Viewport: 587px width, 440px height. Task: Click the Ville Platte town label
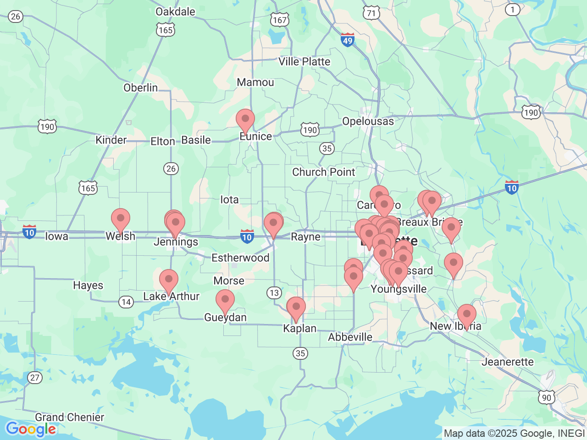tap(304, 61)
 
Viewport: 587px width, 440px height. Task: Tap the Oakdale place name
tap(175, 11)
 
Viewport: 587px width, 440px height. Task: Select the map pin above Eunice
tap(245, 120)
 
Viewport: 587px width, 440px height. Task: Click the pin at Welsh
tap(121, 220)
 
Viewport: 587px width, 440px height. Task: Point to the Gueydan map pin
tap(225, 301)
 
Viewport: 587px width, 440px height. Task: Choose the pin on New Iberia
tap(467, 315)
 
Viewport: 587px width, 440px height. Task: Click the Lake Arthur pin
tap(169, 280)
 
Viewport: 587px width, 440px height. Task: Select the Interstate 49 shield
tap(348, 40)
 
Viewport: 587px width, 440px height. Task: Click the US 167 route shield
tap(279, 20)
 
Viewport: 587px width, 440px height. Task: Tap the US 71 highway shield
tap(371, 13)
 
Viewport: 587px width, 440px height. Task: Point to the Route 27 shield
tap(35, 378)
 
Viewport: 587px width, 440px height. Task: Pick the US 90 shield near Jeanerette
tap(547, 397)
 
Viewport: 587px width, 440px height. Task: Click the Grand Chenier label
tap(70, 417)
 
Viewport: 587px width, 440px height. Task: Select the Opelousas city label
tap(368, 121)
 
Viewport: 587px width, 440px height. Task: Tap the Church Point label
tap(323, 172)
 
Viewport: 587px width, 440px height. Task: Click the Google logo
tap(31, 429)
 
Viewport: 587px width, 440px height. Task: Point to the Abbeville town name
tap(350, 337)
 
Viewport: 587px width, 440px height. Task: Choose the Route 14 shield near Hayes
tap(126, 302)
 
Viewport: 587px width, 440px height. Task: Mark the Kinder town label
tap(111, 140)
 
